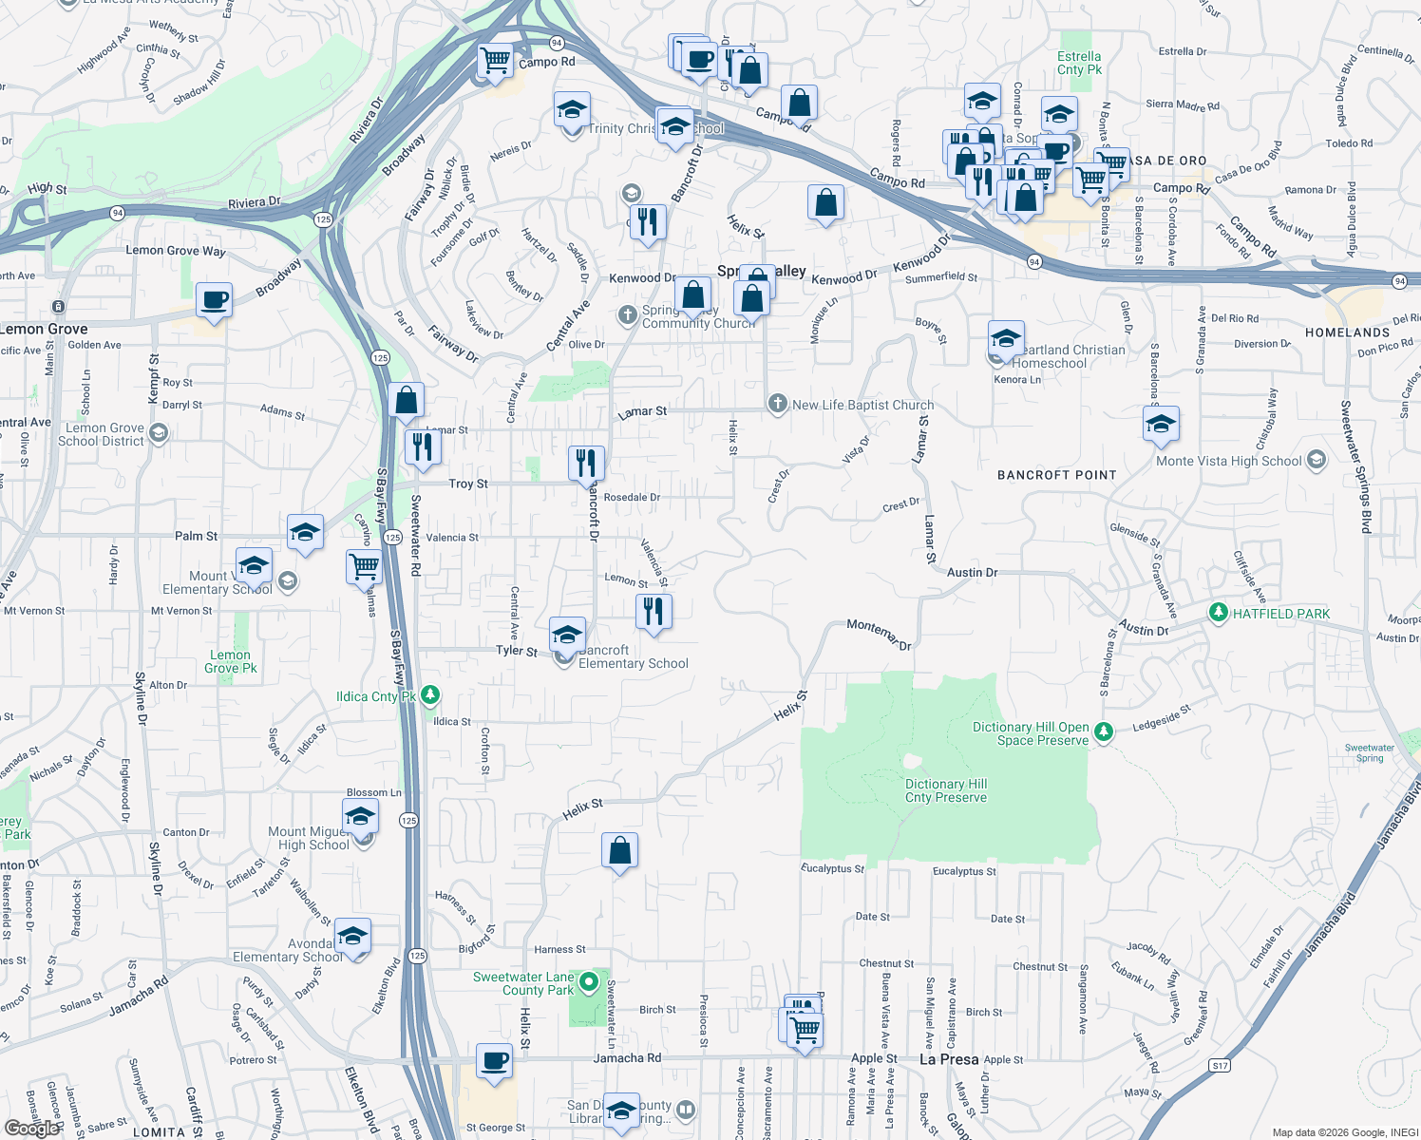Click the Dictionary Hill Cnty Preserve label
945,790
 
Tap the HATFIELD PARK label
1280,614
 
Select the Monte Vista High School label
1228,461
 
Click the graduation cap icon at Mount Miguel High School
360,817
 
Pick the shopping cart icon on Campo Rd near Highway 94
495,61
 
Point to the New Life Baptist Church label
862,405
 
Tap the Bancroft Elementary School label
633,657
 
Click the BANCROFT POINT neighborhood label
1056,475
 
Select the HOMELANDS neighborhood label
1347,332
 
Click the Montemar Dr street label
879,634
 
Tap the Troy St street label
468,484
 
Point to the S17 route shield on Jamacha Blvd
1220,1065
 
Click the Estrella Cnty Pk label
1079,63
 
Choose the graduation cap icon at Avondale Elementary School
352,936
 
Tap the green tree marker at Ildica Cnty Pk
429,696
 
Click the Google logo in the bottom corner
30,1128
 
